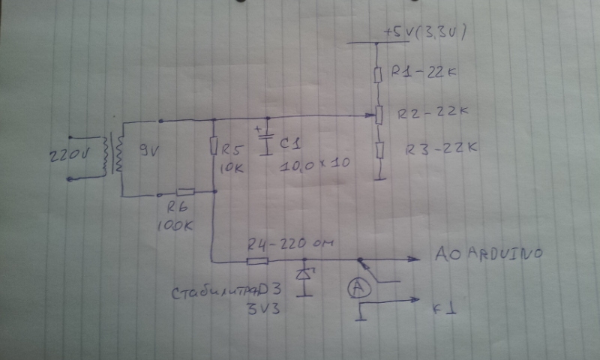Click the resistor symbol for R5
pyautogui.click(x=214, y=145)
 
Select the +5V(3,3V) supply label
pyautogui.click(x=427, y=33)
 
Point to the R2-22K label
pyautogui.click(x=433, y=113)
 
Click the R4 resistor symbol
pyautogui.click(x=257, y=261)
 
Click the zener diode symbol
pyautogui.click(x=304, y=274)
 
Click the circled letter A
pyautogui.click(x=358, y=287)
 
